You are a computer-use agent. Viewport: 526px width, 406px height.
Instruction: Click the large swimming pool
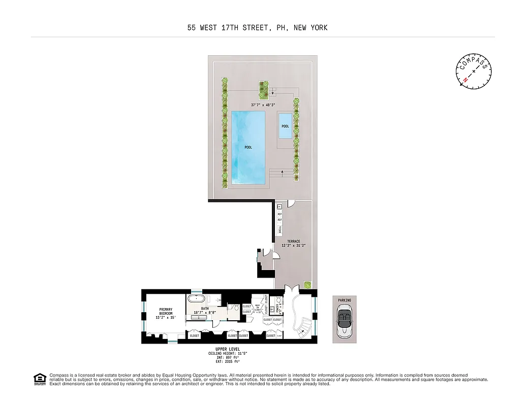(248, 147)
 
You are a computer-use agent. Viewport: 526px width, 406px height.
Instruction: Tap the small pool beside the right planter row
(285, 126)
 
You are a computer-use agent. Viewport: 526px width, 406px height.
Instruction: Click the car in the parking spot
(345, 321)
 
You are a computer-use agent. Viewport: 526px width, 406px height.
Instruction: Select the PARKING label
(345, 300)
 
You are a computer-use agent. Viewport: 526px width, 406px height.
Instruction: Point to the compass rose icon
(474, 71)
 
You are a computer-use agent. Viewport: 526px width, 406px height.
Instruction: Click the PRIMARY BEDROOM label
(166, 311)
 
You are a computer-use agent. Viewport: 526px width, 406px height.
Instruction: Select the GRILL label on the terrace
(280, 229)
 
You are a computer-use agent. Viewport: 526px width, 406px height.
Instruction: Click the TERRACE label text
(294, 241)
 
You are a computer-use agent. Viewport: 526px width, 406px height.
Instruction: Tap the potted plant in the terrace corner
(307, 285)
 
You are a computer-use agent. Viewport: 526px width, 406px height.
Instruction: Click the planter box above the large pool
(263, 89)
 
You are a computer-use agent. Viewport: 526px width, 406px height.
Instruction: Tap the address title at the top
(257, 28)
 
